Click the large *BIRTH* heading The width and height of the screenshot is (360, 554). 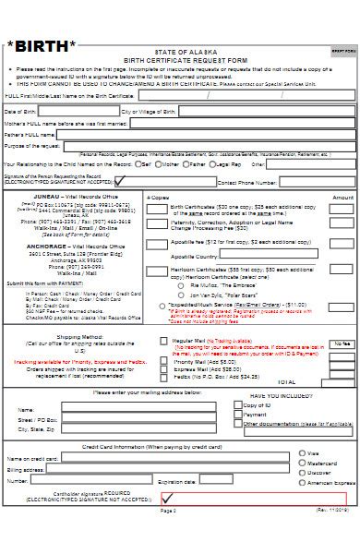[42, 44]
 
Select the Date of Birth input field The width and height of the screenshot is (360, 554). [78, 112]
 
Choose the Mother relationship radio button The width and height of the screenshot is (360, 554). [162, 164]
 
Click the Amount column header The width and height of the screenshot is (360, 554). [342, 198]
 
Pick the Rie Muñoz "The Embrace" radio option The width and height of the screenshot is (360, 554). [183, 285]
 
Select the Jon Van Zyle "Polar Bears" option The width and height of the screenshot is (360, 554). [183, 294]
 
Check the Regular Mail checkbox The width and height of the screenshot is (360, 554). [167, 341]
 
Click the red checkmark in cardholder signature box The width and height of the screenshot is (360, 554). [11, 499]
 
